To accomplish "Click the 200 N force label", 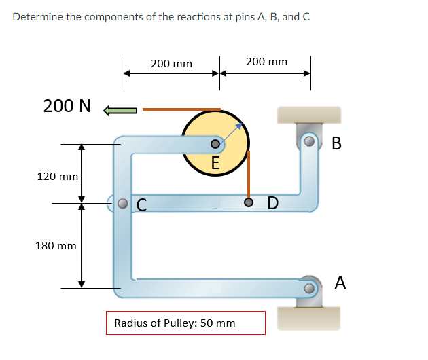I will (67, 106).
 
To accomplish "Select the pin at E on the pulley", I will (215, 144).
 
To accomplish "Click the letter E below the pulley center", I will (215, 163).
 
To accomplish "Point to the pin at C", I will (122, 202).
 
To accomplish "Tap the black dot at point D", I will (249, 202).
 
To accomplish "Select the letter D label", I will (272, 203).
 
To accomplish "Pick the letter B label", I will (337, 143).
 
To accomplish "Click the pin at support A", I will (310, 289).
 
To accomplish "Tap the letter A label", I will (340, 283).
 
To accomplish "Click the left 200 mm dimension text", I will (171, 63).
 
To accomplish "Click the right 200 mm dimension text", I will (266, 62).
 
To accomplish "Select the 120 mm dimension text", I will (57, 176).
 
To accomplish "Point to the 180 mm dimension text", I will (56, 245).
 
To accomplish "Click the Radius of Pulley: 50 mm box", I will (185, 323).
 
